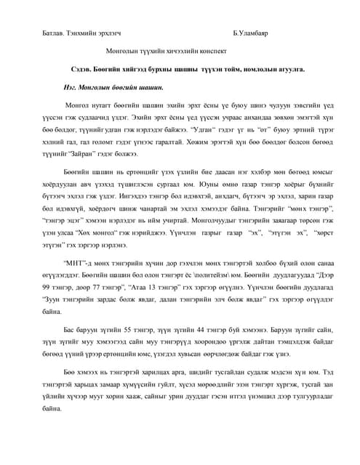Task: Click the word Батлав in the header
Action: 53,34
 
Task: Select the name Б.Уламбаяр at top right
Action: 252,34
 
